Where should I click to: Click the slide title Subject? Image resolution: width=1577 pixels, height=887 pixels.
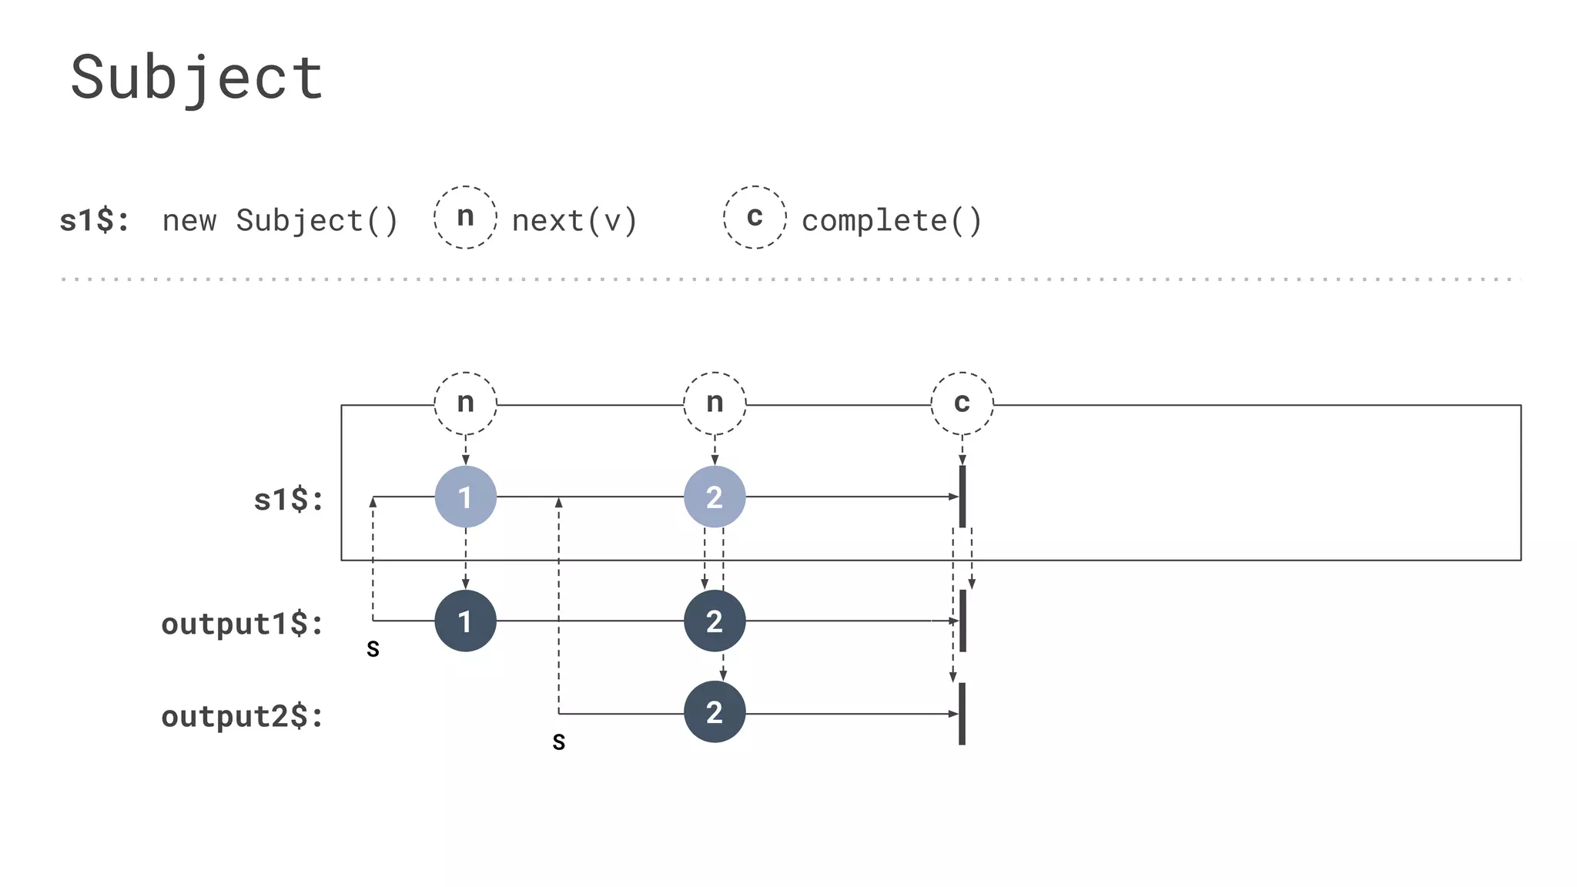(197, 79)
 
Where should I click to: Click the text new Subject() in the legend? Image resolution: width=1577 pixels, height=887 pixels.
(280, 221)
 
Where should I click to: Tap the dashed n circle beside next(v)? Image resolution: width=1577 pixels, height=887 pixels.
(465, 217)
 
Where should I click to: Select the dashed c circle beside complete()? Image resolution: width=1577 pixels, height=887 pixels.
(755, 217)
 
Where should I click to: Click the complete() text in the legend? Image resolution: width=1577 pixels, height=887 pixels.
(892, 221)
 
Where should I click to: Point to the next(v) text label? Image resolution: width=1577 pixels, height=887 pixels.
(574, 221)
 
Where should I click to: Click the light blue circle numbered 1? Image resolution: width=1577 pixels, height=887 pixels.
(465, 497)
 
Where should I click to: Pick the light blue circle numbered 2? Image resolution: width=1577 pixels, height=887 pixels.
(715, 497)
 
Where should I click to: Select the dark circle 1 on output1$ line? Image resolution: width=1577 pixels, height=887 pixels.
(465, 621)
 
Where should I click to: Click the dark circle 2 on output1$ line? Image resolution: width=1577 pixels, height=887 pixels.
(715, 621)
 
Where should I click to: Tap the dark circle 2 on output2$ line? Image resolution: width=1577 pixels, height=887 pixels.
(715, 712)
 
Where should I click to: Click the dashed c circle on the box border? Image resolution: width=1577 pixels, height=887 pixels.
(962, 403)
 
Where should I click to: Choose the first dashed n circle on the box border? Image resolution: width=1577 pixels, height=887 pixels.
(465, 403)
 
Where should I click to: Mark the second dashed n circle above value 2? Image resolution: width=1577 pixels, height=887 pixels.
(715, 403)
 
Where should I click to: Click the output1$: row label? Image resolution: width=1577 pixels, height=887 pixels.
(242, 624)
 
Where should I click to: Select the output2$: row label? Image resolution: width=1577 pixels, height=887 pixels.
(242, 717)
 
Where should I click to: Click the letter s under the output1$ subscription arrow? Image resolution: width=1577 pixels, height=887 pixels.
(373, 649)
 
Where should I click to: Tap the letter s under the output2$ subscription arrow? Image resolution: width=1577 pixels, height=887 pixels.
(559, 742)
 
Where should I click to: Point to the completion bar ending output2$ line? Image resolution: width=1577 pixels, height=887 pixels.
(962, 713)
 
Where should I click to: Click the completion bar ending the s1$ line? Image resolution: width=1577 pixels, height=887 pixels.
(962, 497)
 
